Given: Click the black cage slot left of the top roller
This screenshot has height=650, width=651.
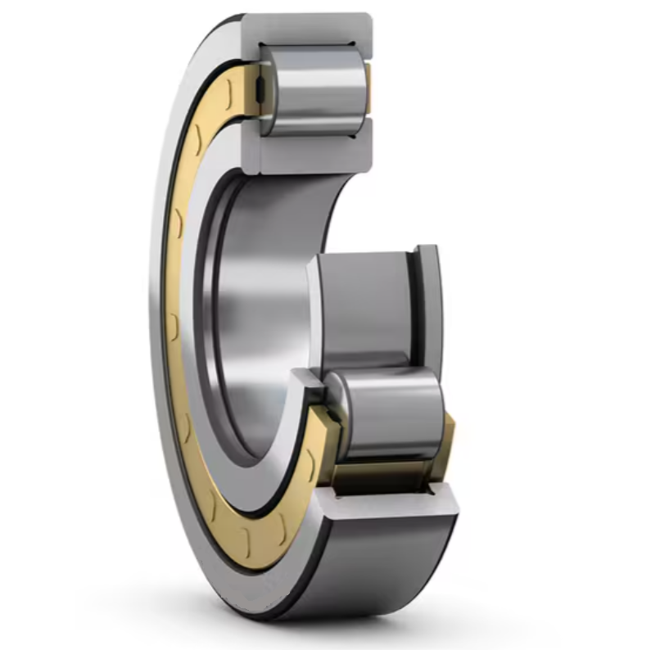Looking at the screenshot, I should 259,90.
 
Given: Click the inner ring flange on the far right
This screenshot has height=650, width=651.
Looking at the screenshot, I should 428,303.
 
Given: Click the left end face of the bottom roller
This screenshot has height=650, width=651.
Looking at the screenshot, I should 337,409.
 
